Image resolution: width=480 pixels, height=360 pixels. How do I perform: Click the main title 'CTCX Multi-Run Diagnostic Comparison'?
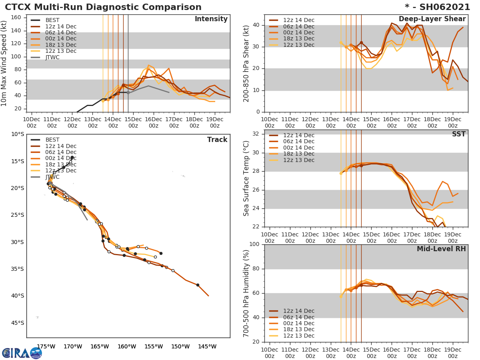[103, 7]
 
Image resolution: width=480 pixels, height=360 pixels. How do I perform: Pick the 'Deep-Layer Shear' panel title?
[432, 19]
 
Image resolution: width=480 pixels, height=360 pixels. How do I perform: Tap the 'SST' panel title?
[458, 134]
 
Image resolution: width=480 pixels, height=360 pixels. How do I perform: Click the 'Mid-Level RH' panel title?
[441, 249]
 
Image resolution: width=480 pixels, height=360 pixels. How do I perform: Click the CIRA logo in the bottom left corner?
[22, 353]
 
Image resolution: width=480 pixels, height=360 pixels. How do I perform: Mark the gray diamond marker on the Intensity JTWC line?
[128, 92]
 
